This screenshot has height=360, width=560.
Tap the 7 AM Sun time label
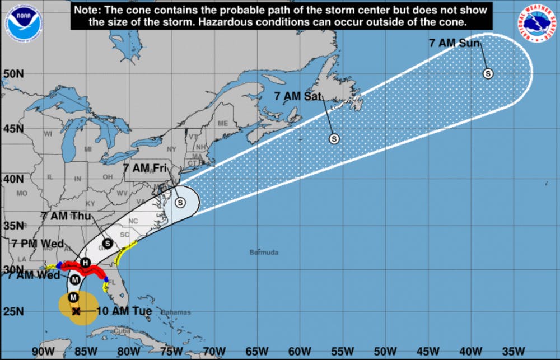coord(455,43)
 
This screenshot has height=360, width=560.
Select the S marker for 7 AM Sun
coord(488,73)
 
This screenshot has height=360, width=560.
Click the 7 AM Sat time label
coord(298,96)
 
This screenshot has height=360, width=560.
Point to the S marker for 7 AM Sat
coord(334,139)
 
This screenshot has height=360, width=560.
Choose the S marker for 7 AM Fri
coord(180,203)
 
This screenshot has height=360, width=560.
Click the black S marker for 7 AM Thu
coord(107,243)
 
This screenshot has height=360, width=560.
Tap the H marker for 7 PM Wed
coord(85,263)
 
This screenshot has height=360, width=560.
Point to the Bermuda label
coord(264,253)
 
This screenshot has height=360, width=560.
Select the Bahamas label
coord(176,312)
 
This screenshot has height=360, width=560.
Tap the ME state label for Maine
coord(223,123)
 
